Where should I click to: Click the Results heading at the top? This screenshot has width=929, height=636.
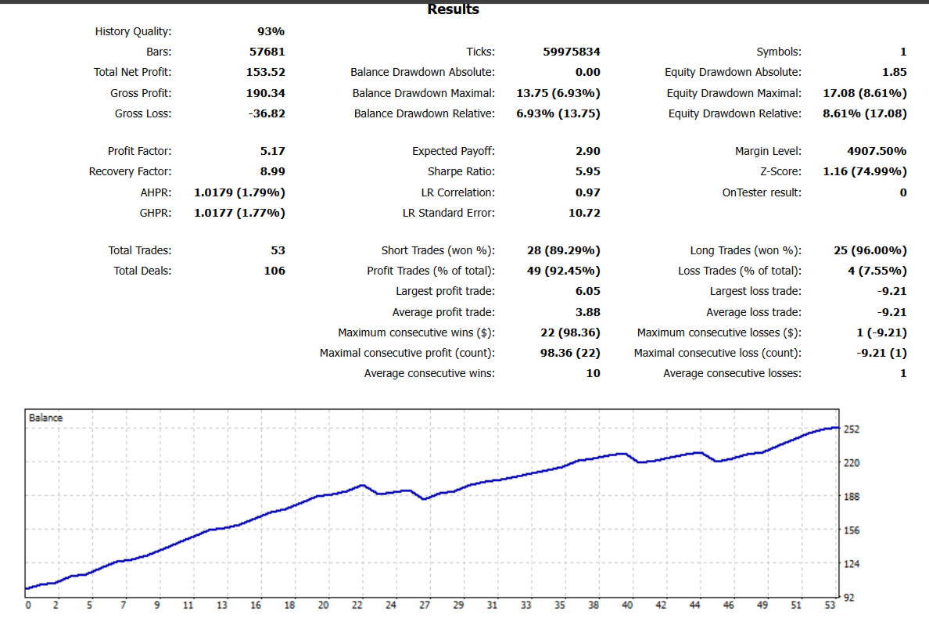click(x=454, y=9)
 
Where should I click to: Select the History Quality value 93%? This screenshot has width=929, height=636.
click(x=271, y=32)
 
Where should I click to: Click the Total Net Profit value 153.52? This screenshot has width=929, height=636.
click(x=266, y=73)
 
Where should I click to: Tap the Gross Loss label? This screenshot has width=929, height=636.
click(x=143, y=113)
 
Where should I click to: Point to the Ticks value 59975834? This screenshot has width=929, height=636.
click(x=572, y=52)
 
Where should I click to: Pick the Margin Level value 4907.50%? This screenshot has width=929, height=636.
click(x=877, y=151)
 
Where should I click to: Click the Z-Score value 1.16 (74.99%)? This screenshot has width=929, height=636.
click(x=865, y=171)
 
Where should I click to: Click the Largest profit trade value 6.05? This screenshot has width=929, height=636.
click(x=587, y=291)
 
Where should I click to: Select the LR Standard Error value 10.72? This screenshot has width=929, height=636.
click(x=584, y=213)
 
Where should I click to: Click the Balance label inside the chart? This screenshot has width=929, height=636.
click(x=45, y=418)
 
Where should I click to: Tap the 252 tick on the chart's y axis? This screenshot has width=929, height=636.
click(x=852, y=429)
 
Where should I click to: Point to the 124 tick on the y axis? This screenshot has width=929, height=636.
click(x=852, y=564)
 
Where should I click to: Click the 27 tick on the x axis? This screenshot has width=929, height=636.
click(x=425, y=605)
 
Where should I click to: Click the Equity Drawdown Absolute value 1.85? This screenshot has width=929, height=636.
click(x=894, y=73)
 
